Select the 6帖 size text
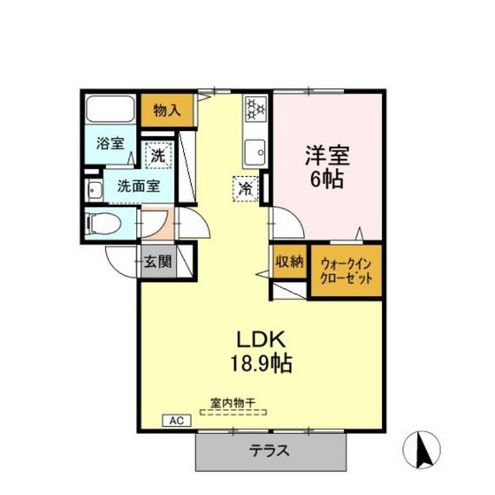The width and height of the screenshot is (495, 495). (328, 177)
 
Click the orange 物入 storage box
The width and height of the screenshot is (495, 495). (163, 110)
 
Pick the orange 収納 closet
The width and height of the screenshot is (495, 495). (288, 262)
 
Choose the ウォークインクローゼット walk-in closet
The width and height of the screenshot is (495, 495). (346, 270)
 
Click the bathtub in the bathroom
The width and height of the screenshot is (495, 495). (110, 110)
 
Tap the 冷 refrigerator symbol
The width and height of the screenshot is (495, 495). (245, 187)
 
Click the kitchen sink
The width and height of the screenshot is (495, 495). (256, 150)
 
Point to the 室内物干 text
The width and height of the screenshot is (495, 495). (232, 403)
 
